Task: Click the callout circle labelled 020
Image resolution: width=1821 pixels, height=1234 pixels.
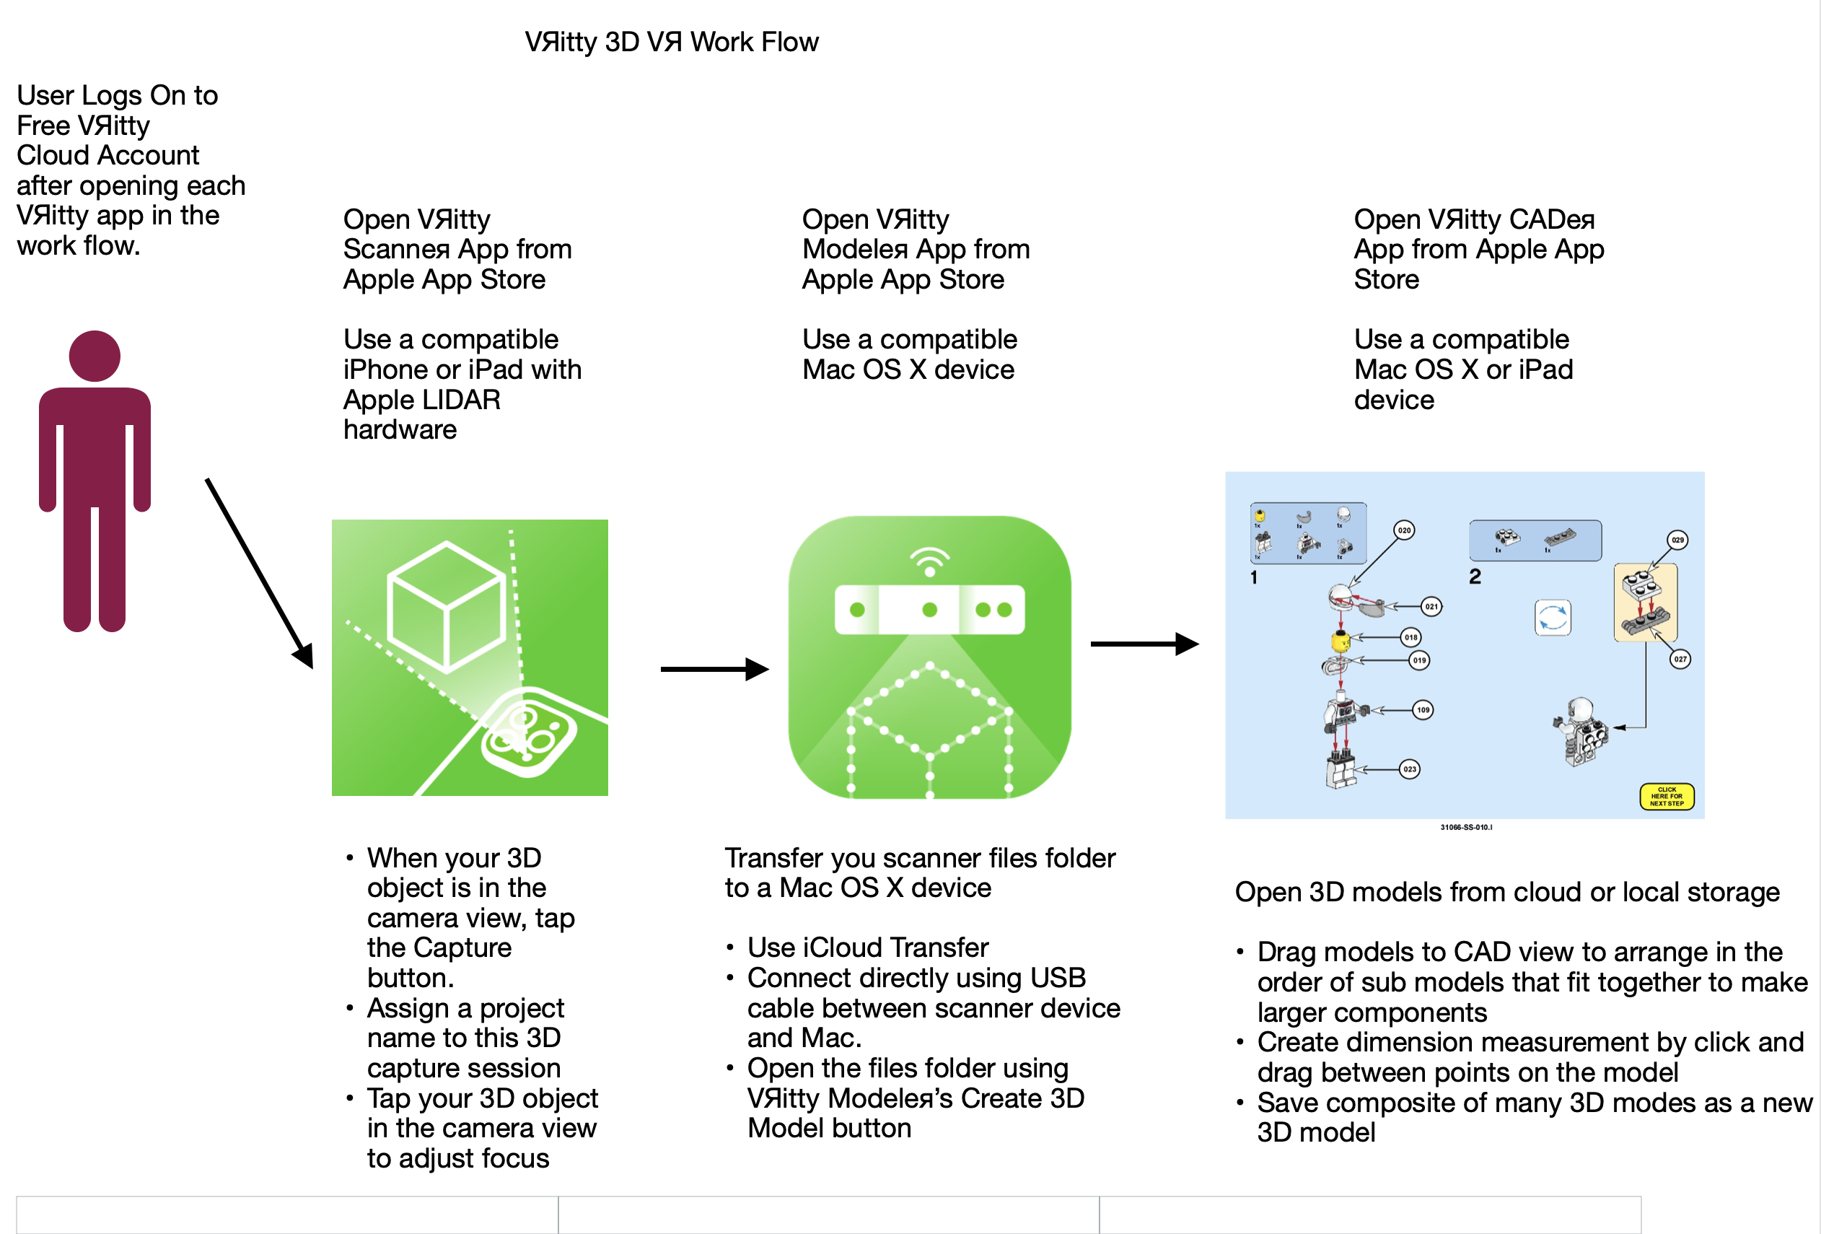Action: tap(1403, 530)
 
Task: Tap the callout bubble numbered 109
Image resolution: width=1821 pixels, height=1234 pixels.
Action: tap(1422, 710)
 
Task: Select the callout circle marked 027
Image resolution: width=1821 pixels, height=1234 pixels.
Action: tap(1680, 659)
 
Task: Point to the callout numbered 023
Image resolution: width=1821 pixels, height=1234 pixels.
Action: tap(1409, 769)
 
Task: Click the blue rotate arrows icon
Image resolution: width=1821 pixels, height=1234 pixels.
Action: tap(1552, 618)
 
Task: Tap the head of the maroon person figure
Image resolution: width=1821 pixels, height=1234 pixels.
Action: tap(95, 356)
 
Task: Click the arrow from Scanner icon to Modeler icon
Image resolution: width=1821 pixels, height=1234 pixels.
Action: tap(714, 669)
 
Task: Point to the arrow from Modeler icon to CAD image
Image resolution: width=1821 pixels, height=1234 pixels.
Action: tap(1144, 644)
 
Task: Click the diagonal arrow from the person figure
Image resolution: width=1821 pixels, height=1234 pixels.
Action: tap(258, 573)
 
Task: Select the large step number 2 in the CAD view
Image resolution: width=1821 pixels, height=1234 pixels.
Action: tap(1475, 577)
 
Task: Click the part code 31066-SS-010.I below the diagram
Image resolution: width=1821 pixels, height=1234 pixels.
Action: tap(1466, 828)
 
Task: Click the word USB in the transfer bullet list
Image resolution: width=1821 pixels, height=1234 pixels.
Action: tap(1058, 978)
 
